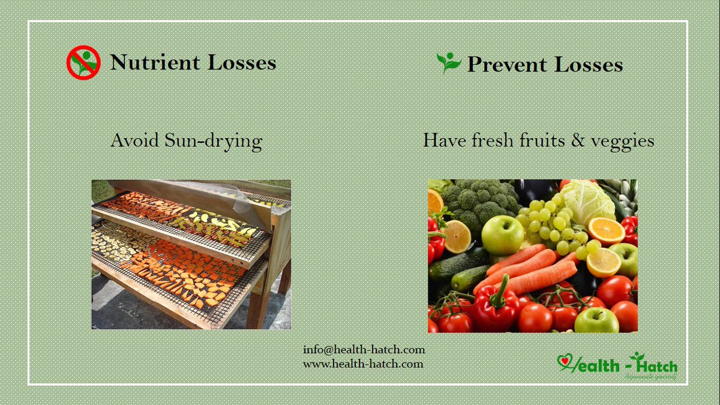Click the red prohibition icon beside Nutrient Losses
coord(83,63)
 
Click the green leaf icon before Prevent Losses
coord(448,62)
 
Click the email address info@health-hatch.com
coord(364,350)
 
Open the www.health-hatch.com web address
coord(363,364)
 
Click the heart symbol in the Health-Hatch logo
coord(564,361)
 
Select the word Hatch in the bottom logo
coord(654,365)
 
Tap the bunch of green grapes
coord(549,222)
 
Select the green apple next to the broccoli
coord(503,235)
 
